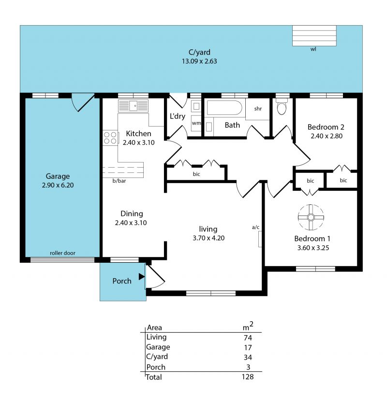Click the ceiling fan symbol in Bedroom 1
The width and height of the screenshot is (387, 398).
[311, 217]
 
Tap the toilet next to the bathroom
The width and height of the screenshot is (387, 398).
[282, 107]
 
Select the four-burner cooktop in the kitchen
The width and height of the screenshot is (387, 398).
[110, 138]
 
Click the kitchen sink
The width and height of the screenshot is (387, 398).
[133, 106]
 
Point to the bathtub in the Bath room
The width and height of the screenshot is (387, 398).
[224, 108]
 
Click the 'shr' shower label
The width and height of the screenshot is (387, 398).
[258, 109]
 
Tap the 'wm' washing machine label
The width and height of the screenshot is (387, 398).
[196, 123]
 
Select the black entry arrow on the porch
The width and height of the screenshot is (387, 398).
[142, 276]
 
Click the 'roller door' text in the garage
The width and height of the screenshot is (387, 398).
[62, 253]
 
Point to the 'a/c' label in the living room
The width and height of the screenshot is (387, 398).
[255, 227]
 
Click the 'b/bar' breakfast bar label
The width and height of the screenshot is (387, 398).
[119, 181]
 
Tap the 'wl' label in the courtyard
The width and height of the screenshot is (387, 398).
[313, 49]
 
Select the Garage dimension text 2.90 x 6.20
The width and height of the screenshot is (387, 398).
[58, 185]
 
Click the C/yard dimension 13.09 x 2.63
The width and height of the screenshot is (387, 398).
[199, 61]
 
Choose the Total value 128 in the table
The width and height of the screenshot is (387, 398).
[248, 376]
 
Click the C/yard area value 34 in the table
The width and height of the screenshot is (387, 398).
[248, 357]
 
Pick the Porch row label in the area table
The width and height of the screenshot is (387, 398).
[156, 367]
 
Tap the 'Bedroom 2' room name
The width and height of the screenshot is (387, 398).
[326, 127]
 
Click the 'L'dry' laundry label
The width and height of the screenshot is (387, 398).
[178, 116]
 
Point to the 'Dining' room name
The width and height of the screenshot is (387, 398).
[132, 213]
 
